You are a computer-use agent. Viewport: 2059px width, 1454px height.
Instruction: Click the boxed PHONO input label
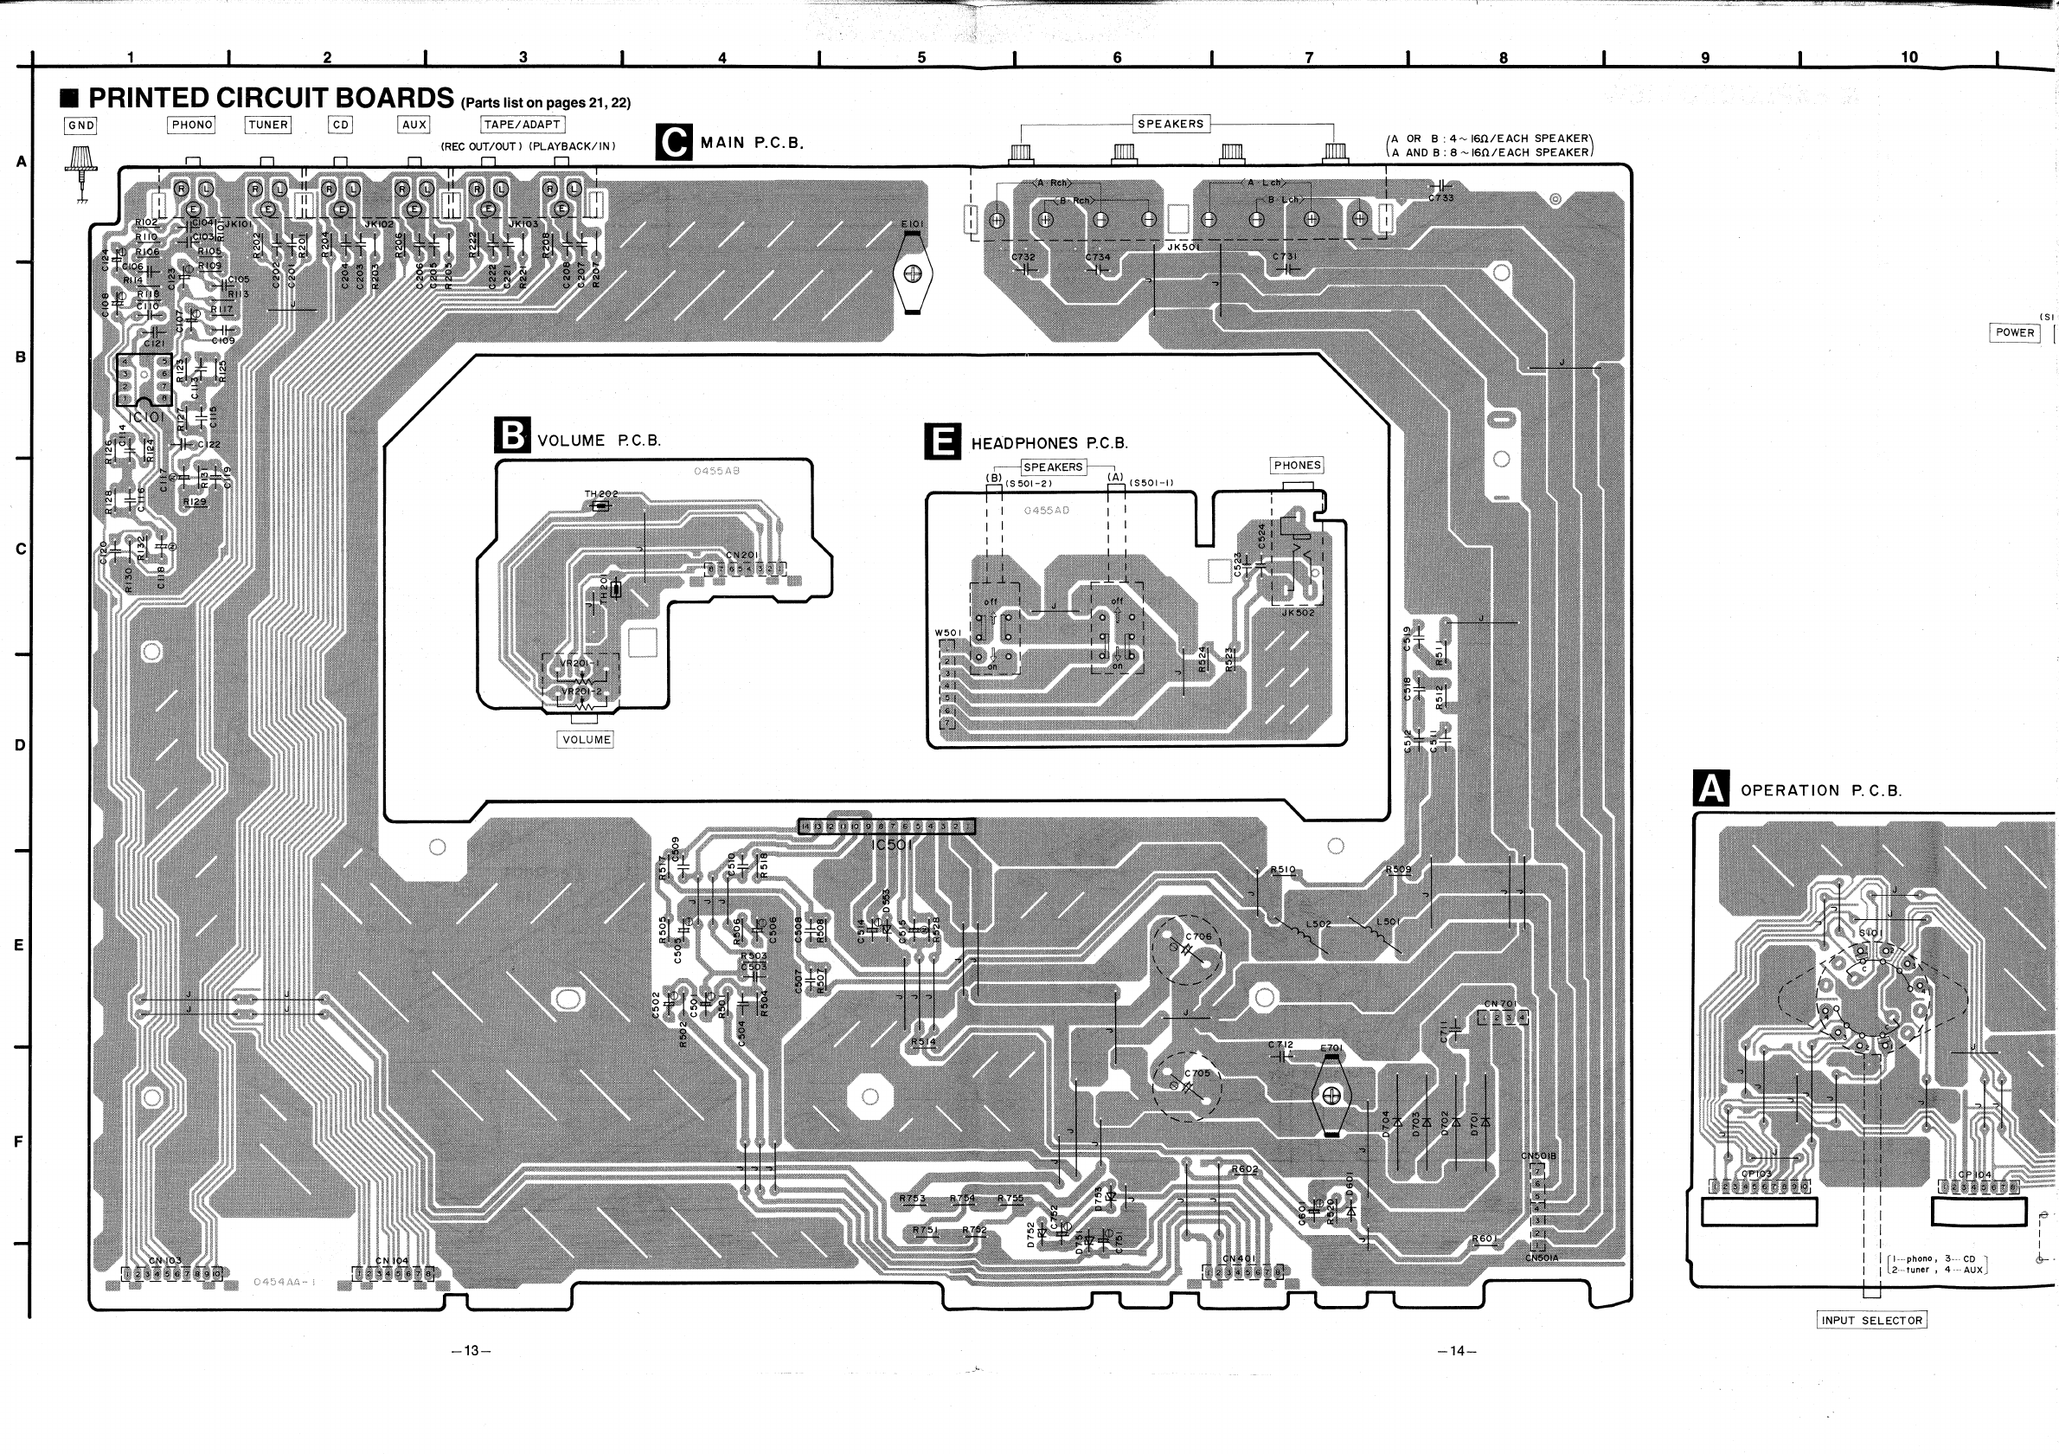point(192,125)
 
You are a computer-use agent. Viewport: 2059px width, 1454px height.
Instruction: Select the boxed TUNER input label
point(267,125)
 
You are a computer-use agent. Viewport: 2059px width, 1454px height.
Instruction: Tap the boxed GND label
point(80,125)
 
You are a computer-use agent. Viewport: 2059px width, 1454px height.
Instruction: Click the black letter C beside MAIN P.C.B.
point(673,143)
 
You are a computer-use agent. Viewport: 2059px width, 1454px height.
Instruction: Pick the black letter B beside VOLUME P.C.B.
point(512,436)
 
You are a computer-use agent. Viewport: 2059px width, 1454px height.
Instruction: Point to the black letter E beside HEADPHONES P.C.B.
point(942,442)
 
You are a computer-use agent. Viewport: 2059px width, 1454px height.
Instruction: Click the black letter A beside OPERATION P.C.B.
point(1711,789)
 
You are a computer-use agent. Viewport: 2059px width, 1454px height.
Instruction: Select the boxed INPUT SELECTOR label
point(1871,1321)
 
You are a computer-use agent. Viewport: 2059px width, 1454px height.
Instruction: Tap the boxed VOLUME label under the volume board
point(586,739)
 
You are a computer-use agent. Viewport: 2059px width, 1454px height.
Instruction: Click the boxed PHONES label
point(1297,466)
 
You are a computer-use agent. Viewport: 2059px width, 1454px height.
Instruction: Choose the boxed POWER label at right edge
point(2014,331)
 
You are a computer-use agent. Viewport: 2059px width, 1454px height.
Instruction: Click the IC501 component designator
point(890,845)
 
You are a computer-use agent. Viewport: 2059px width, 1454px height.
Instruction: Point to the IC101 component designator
point(147,417)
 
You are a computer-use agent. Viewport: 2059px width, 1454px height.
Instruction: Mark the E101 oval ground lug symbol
point(913,273)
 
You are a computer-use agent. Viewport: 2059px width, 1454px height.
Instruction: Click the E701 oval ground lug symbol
point(1331,1095)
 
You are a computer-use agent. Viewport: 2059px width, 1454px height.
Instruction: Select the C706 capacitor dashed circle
point(1186,950)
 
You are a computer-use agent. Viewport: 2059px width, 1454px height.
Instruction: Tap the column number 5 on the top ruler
point(921,57)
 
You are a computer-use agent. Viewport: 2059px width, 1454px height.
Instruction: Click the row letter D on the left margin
point(20,745)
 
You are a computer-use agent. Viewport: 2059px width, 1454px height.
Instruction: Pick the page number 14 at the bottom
point(1456,1351)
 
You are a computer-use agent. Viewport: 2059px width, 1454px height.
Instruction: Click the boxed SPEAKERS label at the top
point(1171,124)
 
